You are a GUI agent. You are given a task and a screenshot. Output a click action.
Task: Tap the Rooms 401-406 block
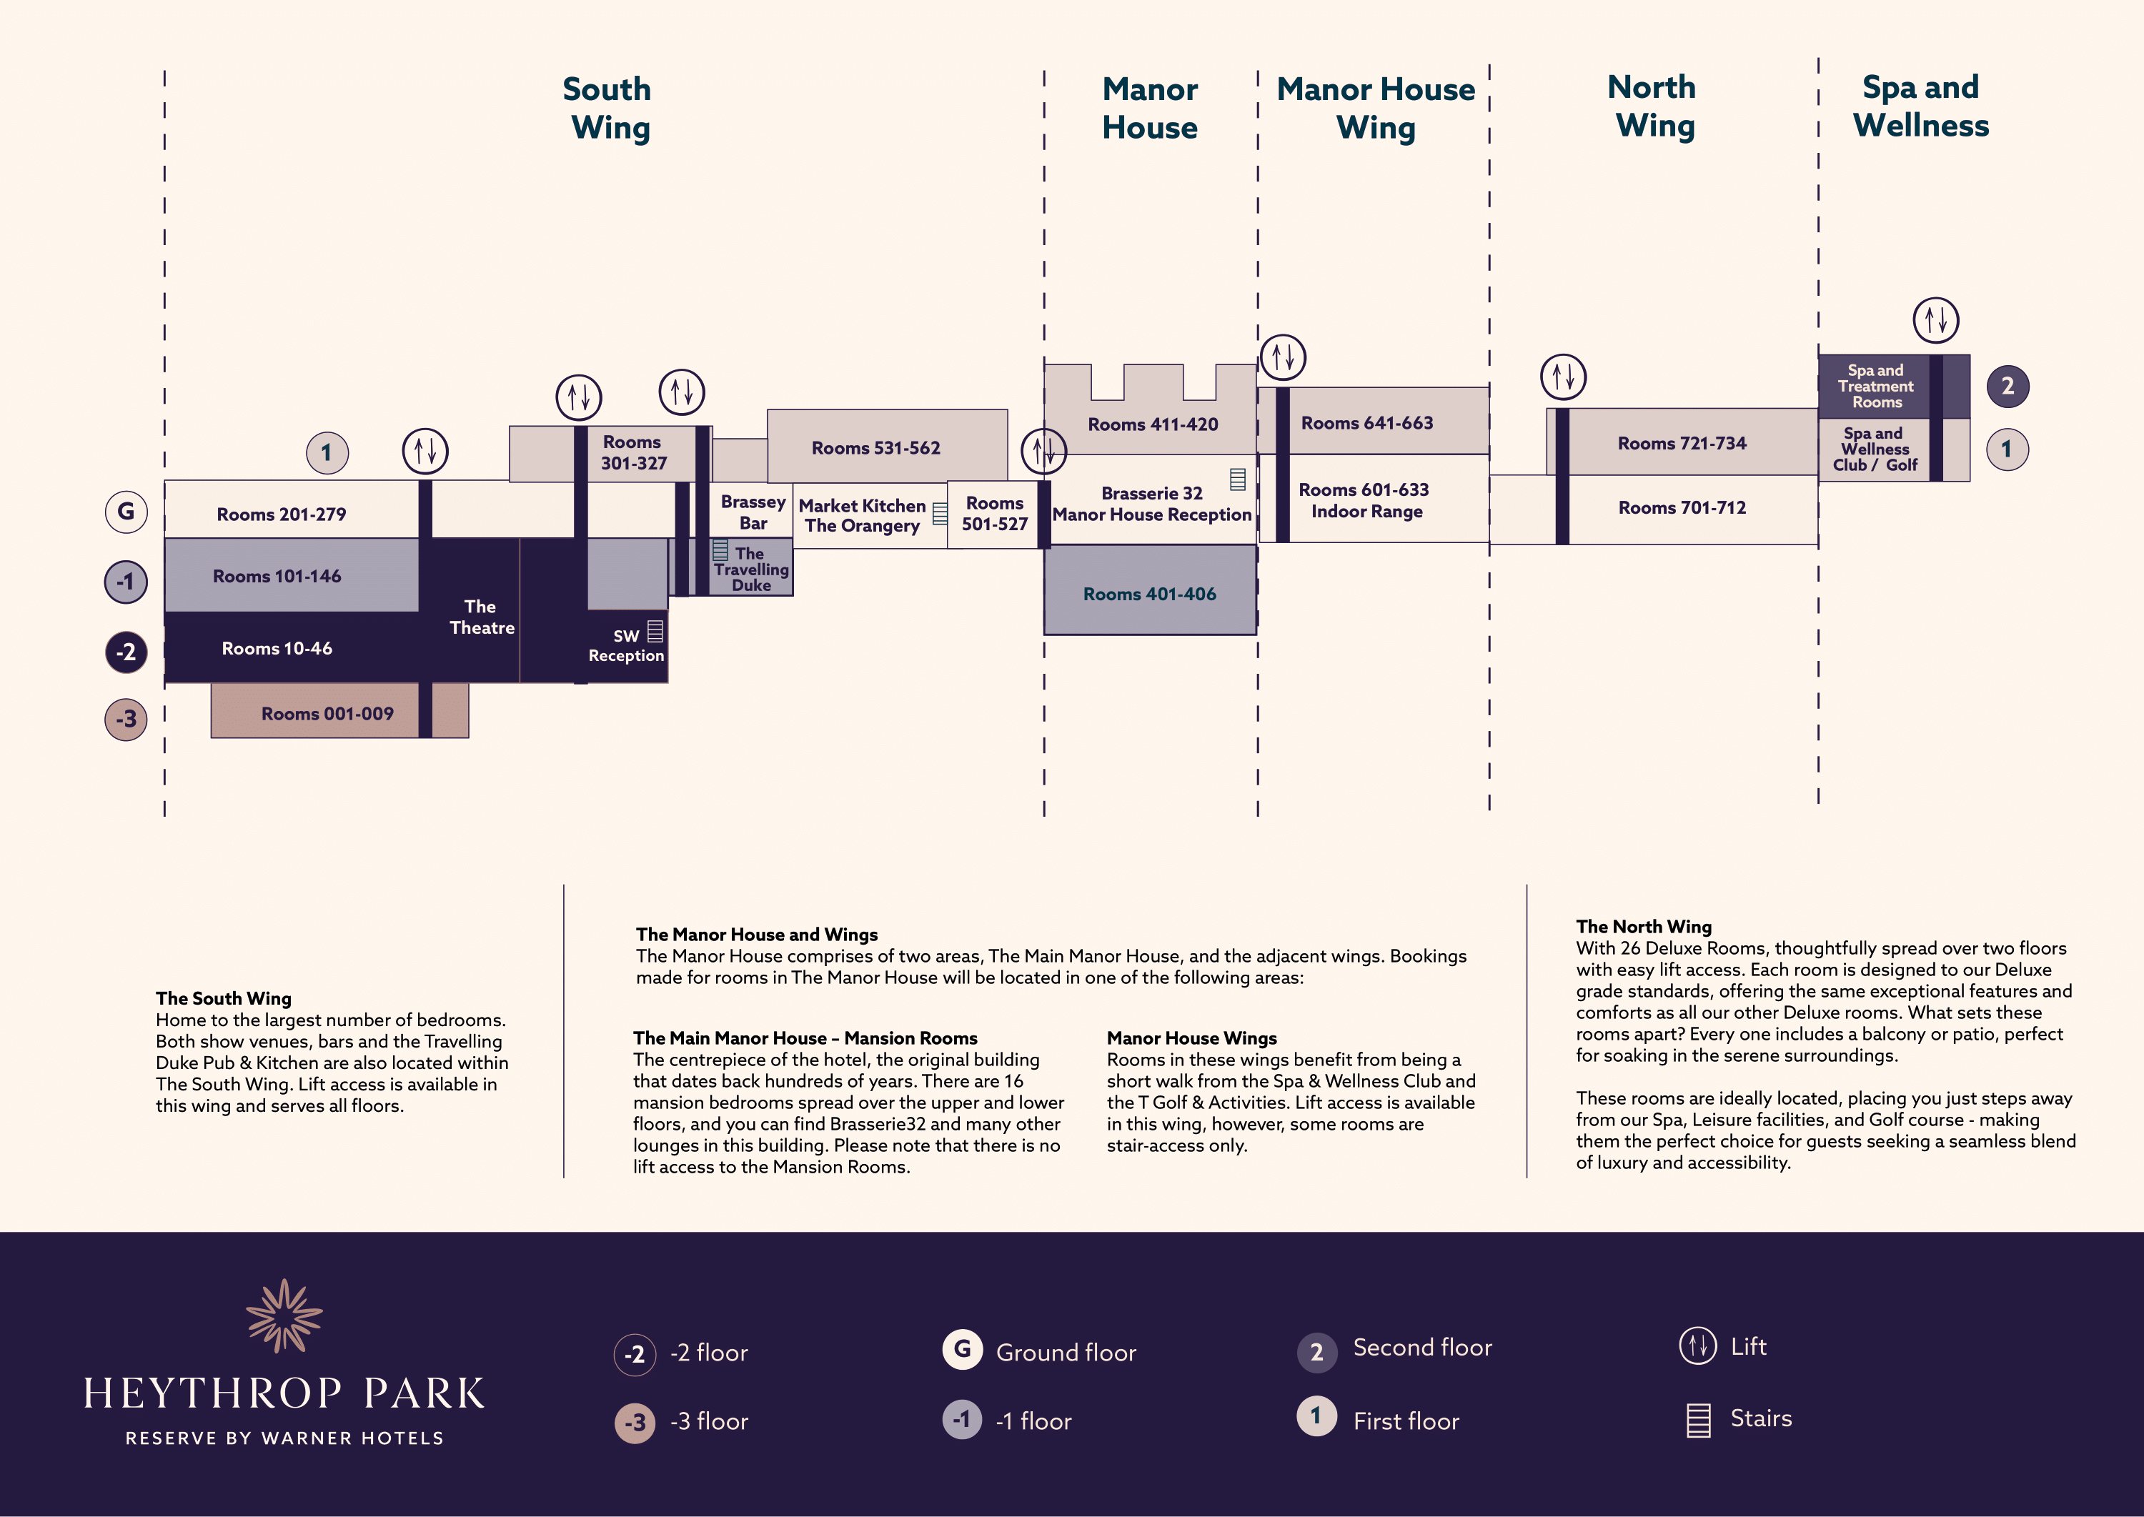click(x=1149, y=593)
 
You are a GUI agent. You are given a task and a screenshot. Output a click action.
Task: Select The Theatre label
click(x=481, y=617)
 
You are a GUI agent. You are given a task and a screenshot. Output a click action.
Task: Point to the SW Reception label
click(x=626, y=645)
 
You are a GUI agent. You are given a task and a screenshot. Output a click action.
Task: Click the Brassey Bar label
click(x=753, y=512)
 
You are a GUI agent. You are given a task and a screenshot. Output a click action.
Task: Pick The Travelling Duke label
click(x=751, y=569)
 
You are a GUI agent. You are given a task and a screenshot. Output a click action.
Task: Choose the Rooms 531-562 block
click(x=876, y=447)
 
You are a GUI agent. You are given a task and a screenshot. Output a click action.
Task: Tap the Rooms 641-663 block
click(x=1366, y=422)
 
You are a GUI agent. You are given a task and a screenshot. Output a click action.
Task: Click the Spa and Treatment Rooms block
click(x=1876, y=386)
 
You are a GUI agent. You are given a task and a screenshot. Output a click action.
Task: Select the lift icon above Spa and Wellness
click(x=1935, y=319)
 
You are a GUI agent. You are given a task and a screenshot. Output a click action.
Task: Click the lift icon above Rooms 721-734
click(x=1563, y=377)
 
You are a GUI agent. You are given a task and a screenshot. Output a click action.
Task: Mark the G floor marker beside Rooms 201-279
click(x=126, y=512)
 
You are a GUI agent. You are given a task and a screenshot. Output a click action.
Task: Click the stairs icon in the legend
click(x=1698, y=1420)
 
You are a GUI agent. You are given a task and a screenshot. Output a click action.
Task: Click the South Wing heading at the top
click(x=608, y=107)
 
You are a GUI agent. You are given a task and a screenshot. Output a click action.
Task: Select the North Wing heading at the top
click(x=1652, y=106)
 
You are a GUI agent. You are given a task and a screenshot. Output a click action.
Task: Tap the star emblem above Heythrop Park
click(x=284, y=1315)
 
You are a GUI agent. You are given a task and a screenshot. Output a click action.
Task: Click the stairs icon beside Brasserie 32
click(x=1238, y=479)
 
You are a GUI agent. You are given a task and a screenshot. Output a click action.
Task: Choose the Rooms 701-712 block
click(x=1682, y=507)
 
